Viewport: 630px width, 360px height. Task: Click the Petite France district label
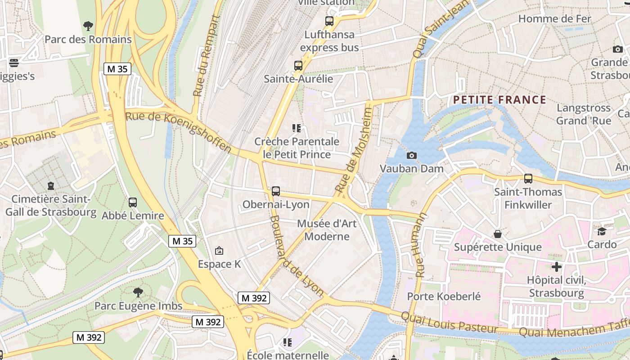coord(499,100)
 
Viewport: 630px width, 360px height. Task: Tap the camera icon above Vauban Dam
coord(411,155)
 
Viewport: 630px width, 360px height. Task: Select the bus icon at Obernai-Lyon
coord(276,191)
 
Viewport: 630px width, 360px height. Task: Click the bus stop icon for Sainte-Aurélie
coord(298,66)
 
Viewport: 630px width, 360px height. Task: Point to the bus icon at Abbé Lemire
coord(132,202)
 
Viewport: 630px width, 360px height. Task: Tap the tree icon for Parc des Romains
coord(88,26)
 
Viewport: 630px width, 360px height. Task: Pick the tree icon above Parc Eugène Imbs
coord(138,292)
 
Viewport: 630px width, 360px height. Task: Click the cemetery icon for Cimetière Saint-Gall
coord(51,185)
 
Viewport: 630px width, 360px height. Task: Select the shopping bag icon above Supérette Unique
coord(498,234)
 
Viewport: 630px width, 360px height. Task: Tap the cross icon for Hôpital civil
coord(557,267)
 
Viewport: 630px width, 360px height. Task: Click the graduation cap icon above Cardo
coord(602,231)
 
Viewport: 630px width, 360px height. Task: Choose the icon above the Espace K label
coord(219,251)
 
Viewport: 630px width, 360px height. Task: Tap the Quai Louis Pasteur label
coord(449,323)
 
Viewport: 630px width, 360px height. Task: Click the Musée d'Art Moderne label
coord(327,230)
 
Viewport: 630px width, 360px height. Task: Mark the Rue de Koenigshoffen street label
coord(179,132)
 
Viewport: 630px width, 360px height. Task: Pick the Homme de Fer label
coord(554,19)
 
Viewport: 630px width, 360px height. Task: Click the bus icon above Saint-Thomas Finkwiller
coord(528,179)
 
